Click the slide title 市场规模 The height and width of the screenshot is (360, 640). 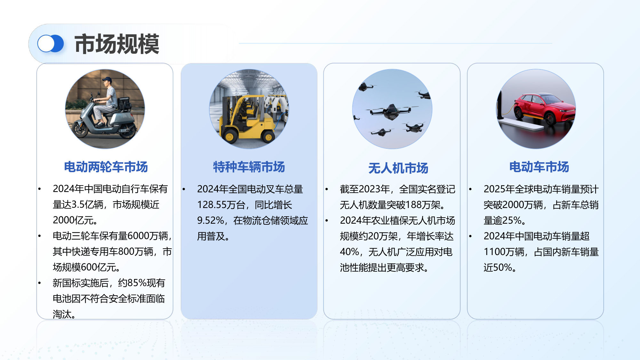(117, 44)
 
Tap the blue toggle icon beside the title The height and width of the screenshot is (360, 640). (51, 44)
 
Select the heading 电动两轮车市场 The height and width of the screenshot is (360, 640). (106, 167)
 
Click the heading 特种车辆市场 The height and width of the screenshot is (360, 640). (249, 167)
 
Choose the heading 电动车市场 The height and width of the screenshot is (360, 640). (539, 167)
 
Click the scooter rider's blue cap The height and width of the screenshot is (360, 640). (107, 79)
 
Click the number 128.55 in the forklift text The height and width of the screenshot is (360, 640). (212, 205)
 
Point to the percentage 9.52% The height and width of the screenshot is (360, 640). (211, 220)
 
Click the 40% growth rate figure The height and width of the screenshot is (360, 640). (349, 252)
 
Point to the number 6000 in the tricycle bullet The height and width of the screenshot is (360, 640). (139, 236)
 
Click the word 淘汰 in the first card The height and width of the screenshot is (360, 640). (62, 314)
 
